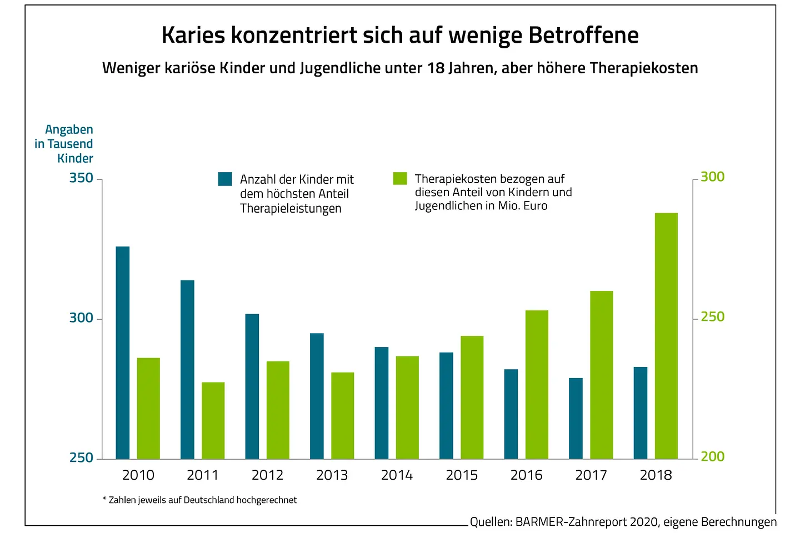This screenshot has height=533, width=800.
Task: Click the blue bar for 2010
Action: [123, 353]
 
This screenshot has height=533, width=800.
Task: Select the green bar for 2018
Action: [666, 336]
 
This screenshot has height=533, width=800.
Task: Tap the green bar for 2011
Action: [213, 420]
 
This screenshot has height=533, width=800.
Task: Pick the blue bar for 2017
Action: [576, 418]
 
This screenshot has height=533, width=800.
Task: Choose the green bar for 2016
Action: [537, 384]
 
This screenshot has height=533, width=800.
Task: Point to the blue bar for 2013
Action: [317, 396]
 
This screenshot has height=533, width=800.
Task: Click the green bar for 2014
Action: [407, 407]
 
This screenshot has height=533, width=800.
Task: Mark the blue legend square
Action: [225, 179]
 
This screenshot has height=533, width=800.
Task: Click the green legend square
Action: [400, 178]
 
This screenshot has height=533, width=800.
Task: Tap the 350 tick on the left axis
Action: [81, 178]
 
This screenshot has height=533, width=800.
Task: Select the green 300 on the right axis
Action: [712, 177]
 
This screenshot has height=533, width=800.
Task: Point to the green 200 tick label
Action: [712, 456]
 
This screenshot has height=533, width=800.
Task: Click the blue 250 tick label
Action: [81, 458]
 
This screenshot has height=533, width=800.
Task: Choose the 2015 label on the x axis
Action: [462, 475]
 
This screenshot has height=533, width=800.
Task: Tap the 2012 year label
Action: [267, 475]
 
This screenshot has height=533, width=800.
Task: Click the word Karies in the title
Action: [193, 35]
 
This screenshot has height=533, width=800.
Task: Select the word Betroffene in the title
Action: [583, 35]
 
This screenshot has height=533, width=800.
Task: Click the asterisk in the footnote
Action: [104, 499]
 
